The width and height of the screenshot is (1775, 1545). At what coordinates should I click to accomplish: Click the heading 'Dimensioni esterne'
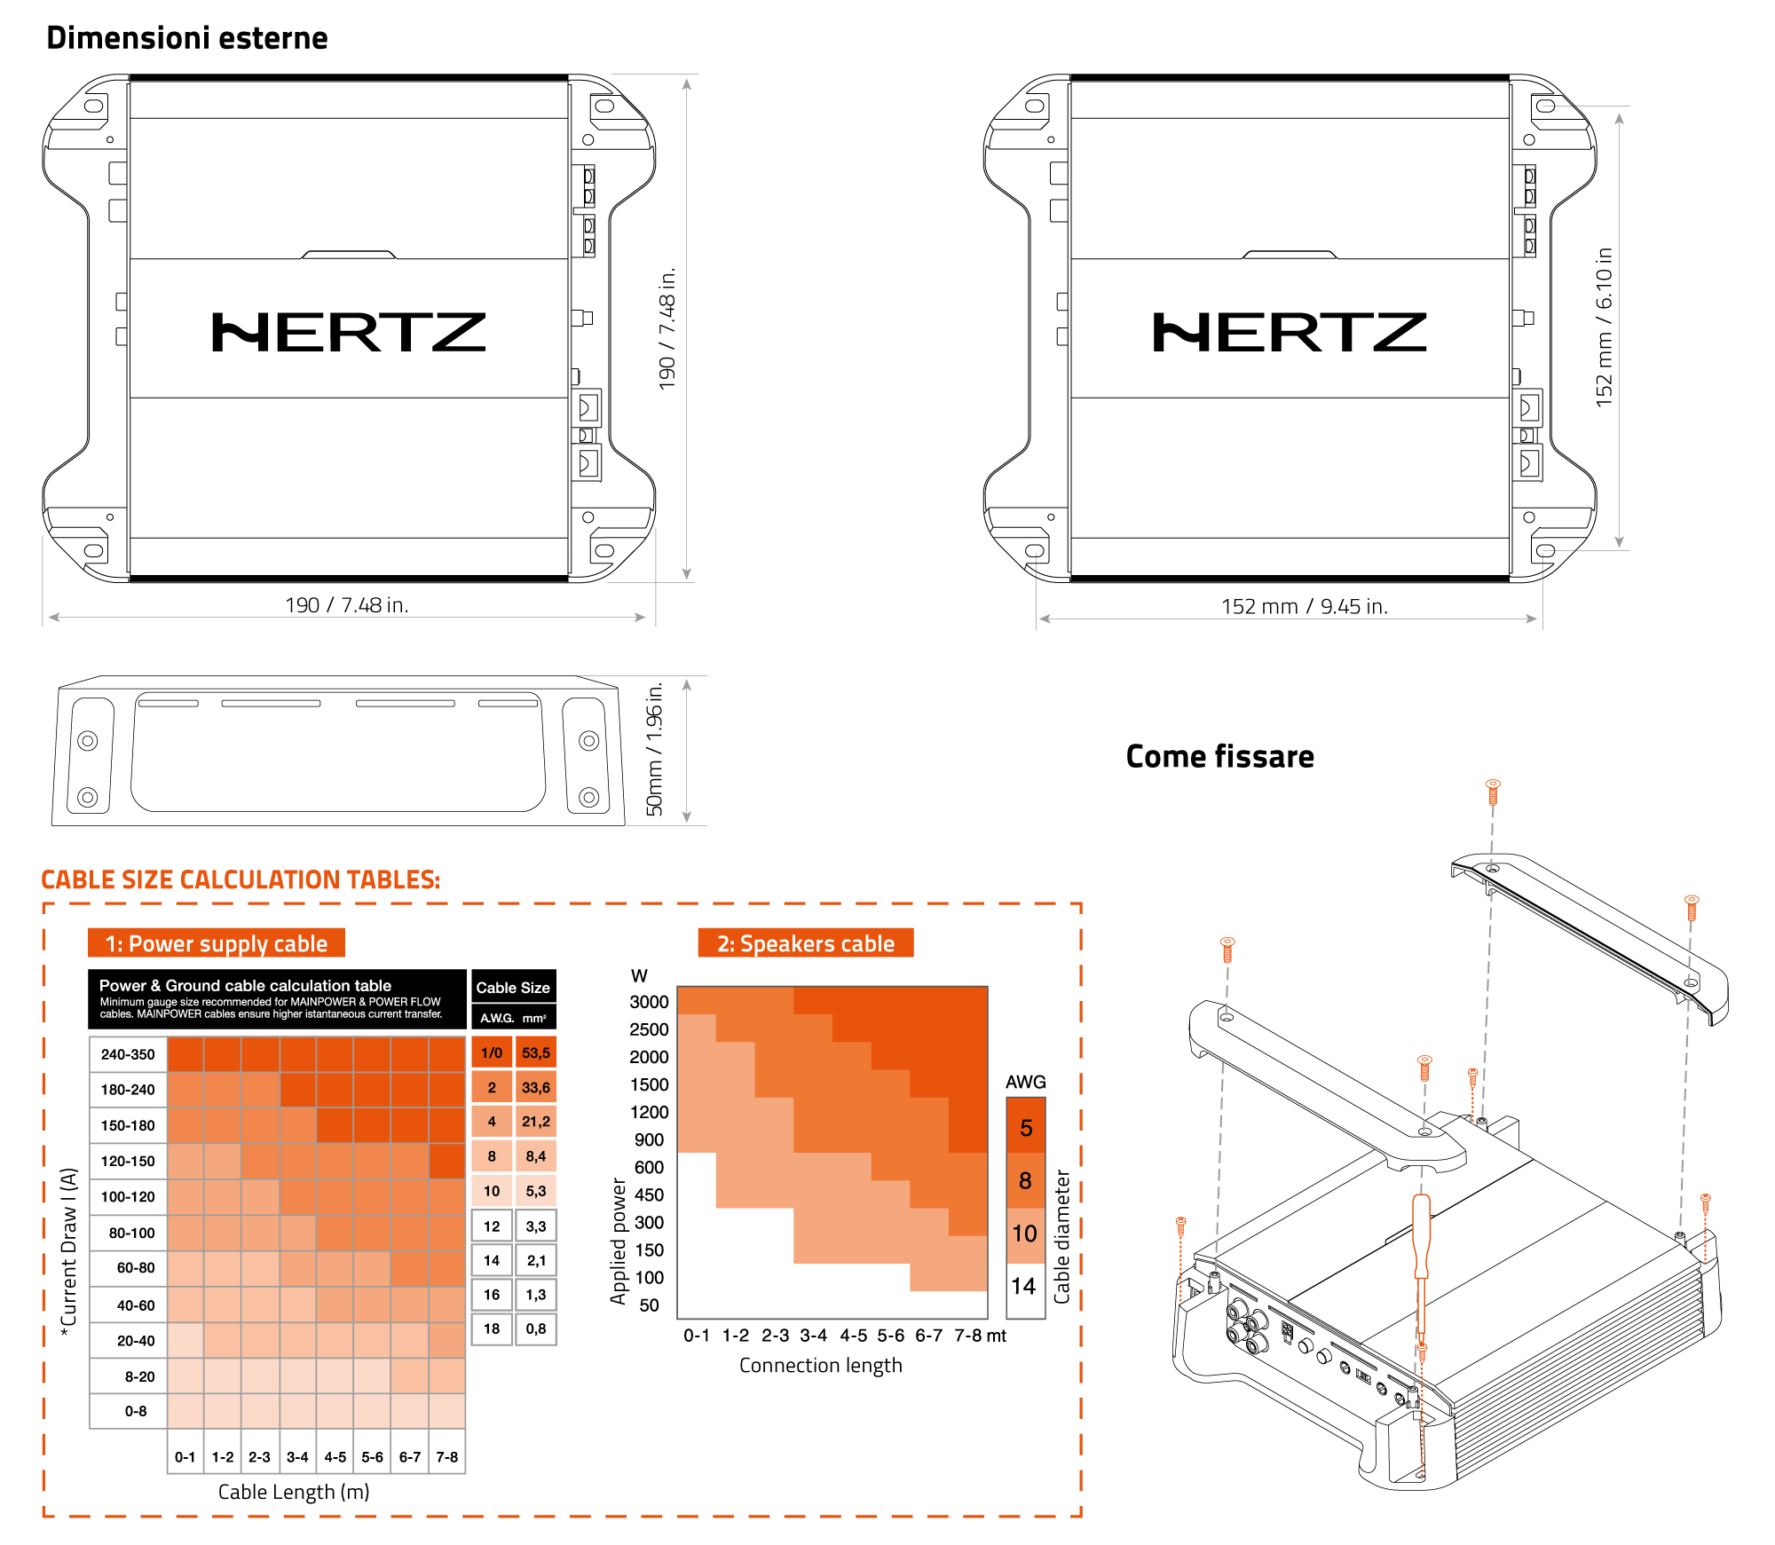click(186, 38)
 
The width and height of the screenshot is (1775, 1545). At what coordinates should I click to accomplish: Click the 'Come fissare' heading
click(1219, 756)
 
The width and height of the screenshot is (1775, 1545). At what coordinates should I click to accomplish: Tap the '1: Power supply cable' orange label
click(217, 943)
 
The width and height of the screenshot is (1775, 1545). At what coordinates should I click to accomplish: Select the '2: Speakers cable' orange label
click(806, 943)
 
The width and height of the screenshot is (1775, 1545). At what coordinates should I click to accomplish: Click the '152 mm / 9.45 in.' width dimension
click(1304, 606)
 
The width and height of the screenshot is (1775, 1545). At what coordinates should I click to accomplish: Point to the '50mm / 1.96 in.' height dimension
click(655, 749)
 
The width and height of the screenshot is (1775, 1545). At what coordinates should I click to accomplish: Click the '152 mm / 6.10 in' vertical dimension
click(1604, 327)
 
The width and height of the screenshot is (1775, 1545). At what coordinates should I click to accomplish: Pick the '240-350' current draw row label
click(128, 1054)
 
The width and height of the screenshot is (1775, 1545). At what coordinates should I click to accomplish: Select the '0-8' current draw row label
click(136, 1411)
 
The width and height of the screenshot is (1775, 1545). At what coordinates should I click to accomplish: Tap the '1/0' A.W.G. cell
click(492, 1052)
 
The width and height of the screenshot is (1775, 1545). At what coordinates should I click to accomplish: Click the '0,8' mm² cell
click(536, 1328)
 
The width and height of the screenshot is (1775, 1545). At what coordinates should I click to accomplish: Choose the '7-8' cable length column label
click(447, 1457)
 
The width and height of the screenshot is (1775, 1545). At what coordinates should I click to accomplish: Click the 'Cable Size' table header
click(513, 988)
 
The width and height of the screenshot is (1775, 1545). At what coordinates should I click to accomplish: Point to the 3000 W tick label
click(649, 1002)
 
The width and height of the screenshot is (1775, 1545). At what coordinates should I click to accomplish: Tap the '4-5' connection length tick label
click(853, 1336)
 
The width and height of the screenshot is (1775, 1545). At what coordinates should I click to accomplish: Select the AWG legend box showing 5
click(1026, 1128)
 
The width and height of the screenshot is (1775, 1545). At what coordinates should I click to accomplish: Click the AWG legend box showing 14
click(1024, 1287)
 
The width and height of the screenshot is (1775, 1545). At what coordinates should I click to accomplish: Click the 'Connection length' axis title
click(820, 1366)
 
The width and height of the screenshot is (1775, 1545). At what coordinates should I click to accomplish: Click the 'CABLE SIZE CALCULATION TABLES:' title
click(241, 879)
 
